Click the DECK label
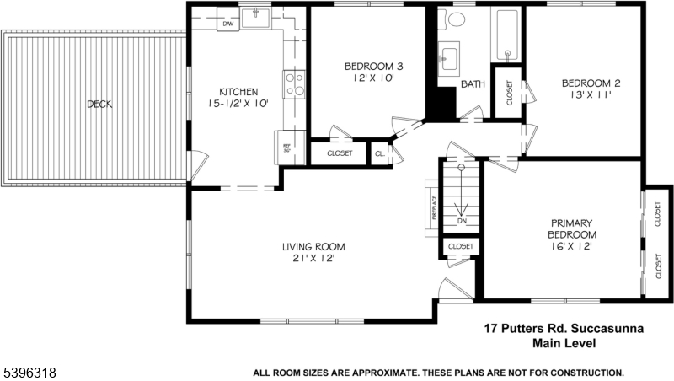[x=99, y=104]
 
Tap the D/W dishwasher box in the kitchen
[x=227, y=24]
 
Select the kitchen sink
[x=255, y=18]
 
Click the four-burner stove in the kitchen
[x=294, y=84]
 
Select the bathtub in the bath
[x=507, y=35]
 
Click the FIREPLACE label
[x=435, y=207]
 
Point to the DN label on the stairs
[x=462, y=221]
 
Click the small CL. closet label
[x=380, y=153]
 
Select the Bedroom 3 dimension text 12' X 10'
[x=373, y=78]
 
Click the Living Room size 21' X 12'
[x=313, y=259]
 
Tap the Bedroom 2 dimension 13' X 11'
[x=591, y=95]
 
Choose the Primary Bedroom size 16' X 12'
[x=572, y=246]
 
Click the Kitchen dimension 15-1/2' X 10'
[x=238, y=104]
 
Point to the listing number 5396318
[x=30, y=373]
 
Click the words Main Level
[x=564, y=343]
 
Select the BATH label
[x=473, y=84]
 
